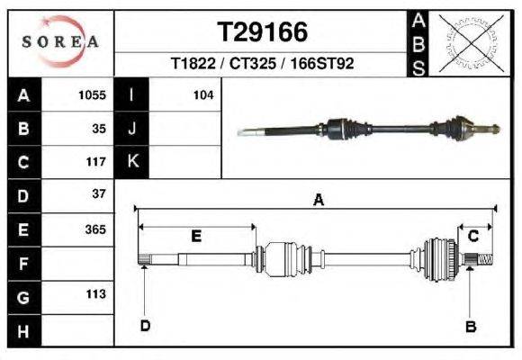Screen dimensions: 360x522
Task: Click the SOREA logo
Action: coord(60,41)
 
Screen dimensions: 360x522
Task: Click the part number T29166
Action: coord(263,31)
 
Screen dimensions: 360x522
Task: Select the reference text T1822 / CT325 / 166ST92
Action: coord(263,65)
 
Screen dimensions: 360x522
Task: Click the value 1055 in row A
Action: coord(93,94)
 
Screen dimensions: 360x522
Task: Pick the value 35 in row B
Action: coord(99,128)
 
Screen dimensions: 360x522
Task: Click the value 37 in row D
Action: coord(99,194)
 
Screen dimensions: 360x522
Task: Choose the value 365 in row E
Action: coord(95,229)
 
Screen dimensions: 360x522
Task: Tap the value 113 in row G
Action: coord(95,294)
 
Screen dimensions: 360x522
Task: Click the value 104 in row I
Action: coord(202,94)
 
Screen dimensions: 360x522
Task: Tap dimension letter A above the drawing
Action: coord(317,201)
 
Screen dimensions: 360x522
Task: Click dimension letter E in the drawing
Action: coord(196,236)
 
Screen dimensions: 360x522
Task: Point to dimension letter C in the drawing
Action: coord(473,235)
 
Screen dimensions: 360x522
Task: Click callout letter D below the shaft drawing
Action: coord(145,325)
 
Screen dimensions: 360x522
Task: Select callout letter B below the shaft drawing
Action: coord(470,326)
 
